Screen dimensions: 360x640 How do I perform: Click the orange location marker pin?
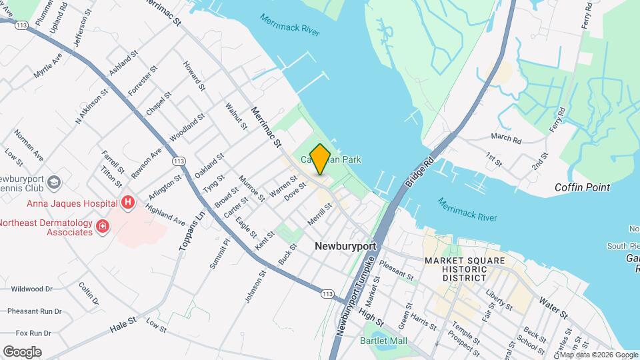[x=320, y=159]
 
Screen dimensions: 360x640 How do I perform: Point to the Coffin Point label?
[x=582, y=187]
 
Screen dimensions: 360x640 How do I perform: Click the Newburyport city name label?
[x=345, y=246]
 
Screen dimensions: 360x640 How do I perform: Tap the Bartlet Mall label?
[x=401, y=341]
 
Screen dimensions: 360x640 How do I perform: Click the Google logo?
[x=22, y=351]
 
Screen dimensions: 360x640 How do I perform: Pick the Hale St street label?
[x=123, y=325]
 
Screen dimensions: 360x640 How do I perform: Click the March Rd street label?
[x=505, y=137]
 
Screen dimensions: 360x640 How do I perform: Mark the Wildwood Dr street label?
[x=32, y=289]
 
